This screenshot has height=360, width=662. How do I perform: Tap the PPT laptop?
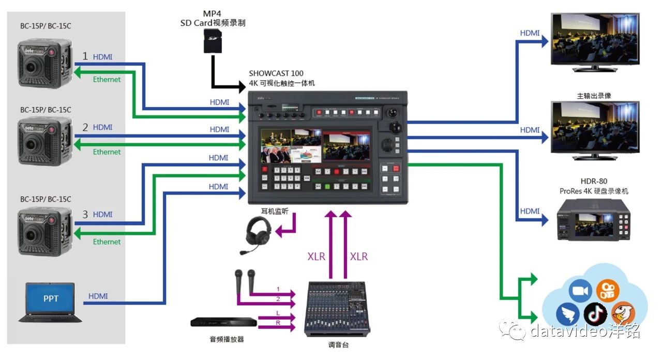50,302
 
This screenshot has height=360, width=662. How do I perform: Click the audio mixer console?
336,308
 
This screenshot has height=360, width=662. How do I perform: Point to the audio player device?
223,322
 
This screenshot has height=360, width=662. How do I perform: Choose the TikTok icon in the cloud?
595,313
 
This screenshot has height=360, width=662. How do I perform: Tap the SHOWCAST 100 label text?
276,73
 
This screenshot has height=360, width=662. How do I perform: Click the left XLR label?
317,257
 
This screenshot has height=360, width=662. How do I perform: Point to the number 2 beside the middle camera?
85,127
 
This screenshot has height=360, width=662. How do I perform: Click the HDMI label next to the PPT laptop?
98,296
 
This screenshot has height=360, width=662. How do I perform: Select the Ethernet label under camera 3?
107,242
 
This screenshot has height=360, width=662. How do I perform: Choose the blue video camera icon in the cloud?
580,291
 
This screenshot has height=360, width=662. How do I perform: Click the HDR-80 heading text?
594,182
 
